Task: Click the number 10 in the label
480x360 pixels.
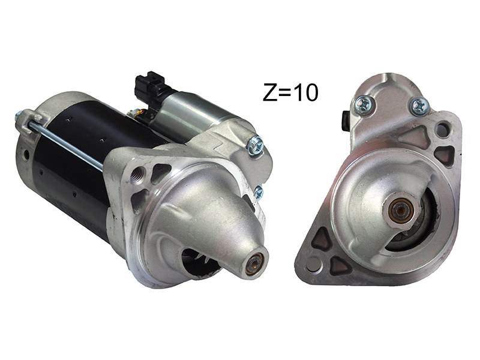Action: [306, 93]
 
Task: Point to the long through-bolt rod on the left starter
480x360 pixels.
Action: [64, 142]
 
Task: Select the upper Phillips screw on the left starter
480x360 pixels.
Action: [256, 143]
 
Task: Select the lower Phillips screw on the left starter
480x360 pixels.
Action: [258, 191]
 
